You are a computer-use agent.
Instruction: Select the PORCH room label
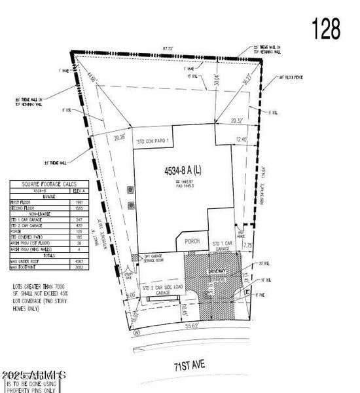click(192, 241)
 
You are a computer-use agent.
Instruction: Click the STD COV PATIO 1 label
click(154, 141)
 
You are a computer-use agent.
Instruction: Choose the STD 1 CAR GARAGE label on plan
click(224, 246)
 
